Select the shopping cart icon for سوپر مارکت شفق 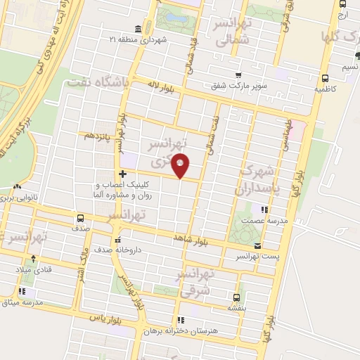tap(238, 76)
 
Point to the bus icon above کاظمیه tap(324, 79)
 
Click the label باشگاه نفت tap(98, 84)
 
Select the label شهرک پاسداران tap(259, 180)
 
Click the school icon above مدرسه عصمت tap(264, 210)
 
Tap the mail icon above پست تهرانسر tap(257, 246)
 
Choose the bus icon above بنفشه tap(236, 297)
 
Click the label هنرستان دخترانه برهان tap(191, 330)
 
